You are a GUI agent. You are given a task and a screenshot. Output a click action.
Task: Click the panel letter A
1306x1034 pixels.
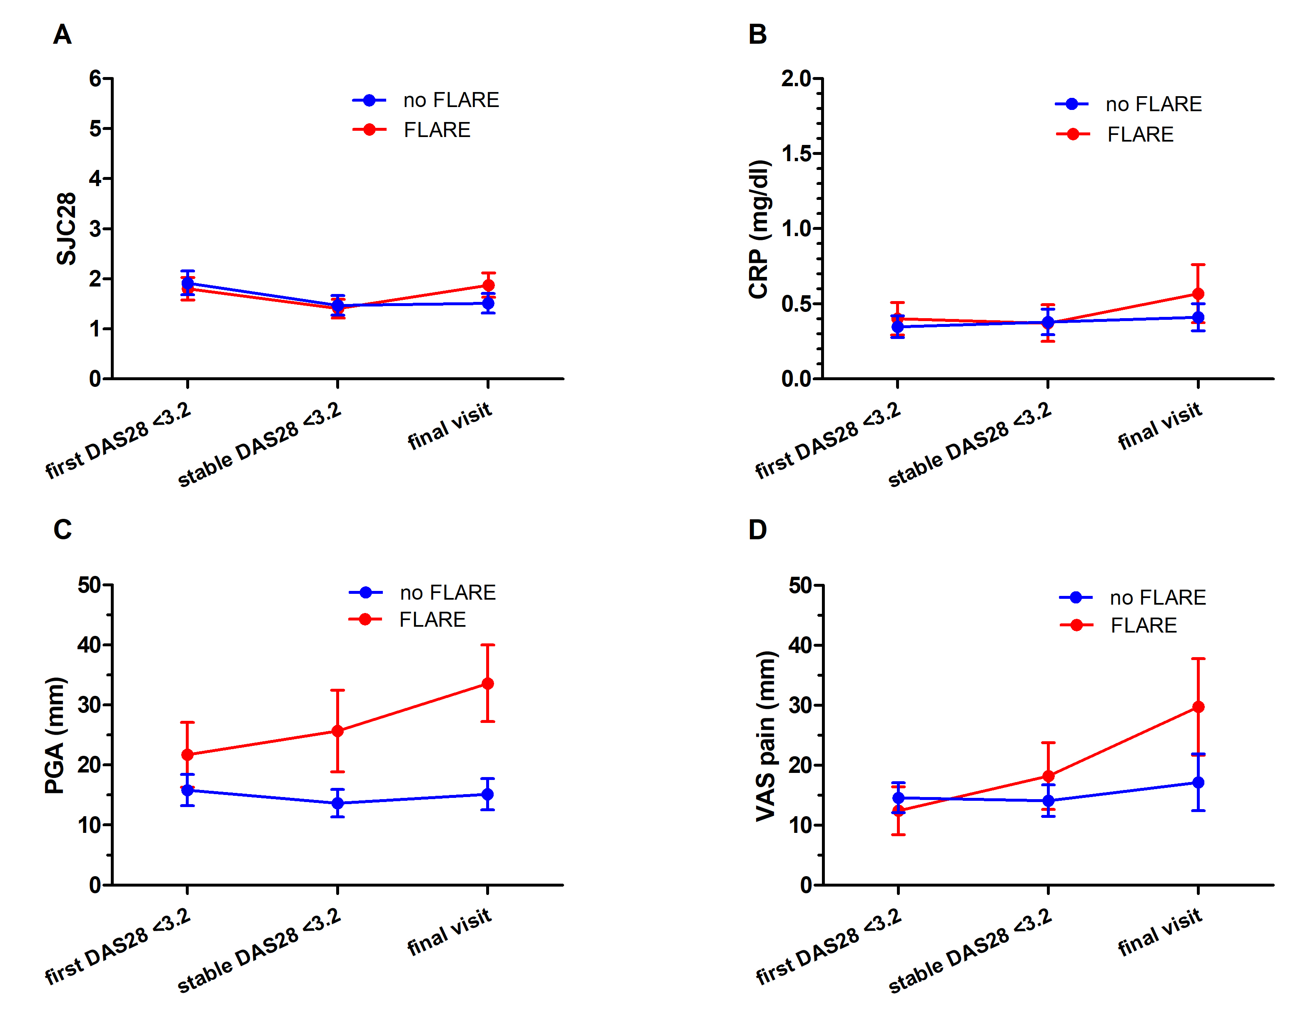(x=62, y=35)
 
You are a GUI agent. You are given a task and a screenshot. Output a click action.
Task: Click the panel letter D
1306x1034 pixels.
(x=757, y=530)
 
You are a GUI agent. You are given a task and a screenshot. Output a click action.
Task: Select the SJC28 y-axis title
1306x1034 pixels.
(x=67, y=229)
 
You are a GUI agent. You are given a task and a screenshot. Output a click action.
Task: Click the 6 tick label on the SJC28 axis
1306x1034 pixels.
(x=95, y=79)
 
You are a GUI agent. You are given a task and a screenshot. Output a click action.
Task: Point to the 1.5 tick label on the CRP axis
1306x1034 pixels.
(x=796, y=154)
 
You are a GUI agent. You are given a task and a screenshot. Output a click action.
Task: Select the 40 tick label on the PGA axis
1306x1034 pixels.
(x=89, y=645)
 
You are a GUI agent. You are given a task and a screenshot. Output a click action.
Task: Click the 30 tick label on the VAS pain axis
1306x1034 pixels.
(x=800, y=705)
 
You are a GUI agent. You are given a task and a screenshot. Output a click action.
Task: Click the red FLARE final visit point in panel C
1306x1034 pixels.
(x=487, y=683)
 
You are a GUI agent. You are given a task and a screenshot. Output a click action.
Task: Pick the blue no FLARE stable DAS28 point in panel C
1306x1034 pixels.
(x=338, y=803)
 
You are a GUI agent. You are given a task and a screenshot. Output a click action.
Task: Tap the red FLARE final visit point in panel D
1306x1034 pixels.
(x=1198, y=707)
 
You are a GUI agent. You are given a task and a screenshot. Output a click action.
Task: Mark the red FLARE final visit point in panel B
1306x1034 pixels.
(x=1198, y=294)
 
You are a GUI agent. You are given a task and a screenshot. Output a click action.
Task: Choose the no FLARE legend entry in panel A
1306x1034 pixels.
(x=427, y=100)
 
